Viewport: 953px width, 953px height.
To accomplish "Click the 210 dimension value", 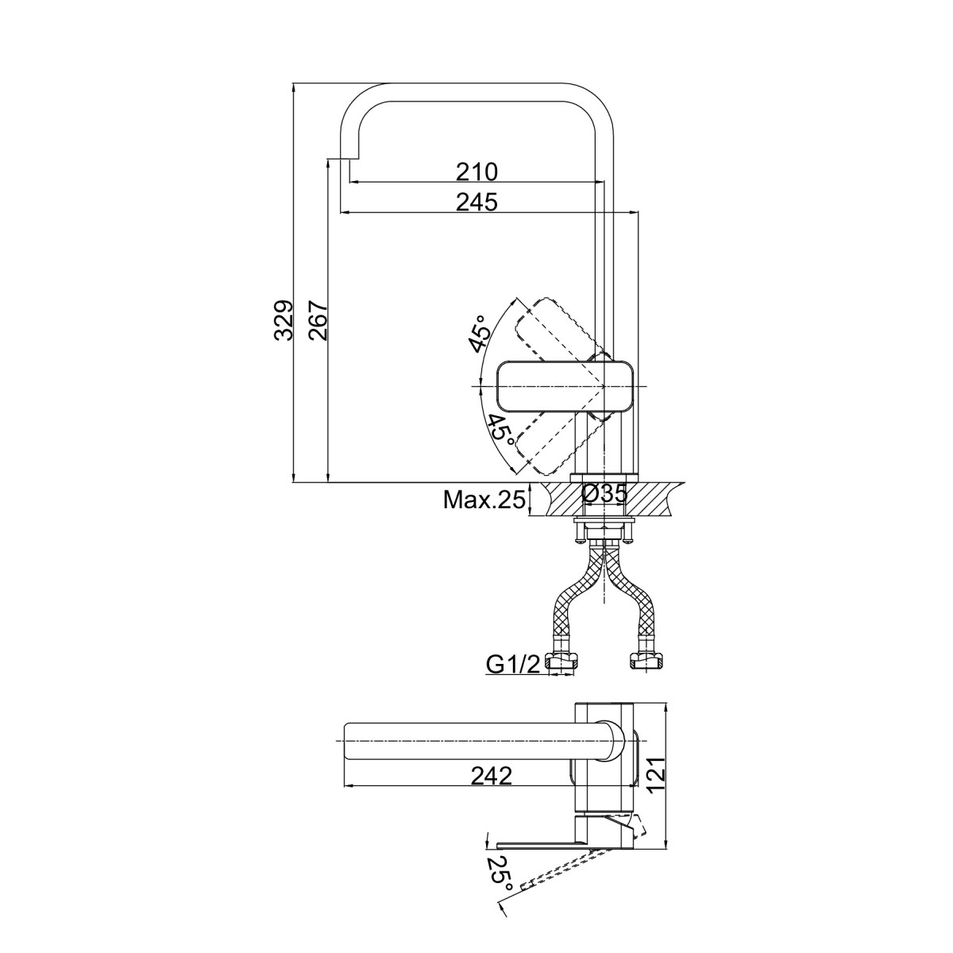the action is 476,172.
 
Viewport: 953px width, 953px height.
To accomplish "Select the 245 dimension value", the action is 476,202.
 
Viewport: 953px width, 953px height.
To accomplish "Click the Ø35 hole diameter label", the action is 604,493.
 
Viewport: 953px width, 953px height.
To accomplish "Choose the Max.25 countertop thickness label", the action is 484,500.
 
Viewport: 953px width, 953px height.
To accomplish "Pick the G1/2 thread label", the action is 513,666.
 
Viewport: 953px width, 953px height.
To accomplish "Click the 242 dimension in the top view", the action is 491,776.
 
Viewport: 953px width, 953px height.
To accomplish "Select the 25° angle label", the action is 500,887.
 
